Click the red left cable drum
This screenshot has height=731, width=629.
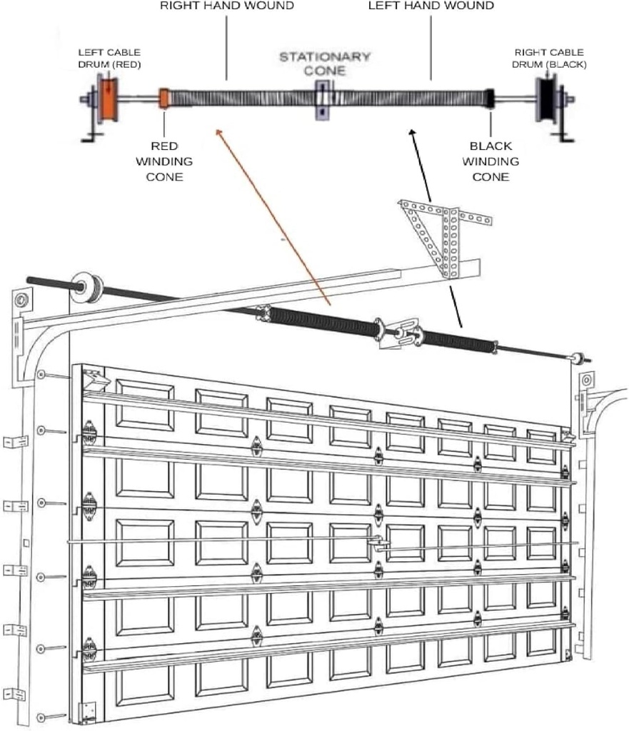point(109,99)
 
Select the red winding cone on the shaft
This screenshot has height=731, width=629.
point(164,99)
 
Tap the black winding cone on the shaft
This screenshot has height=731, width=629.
point(490,99)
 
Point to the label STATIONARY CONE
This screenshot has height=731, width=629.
point(325,63)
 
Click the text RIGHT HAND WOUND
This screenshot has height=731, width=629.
point(226,6)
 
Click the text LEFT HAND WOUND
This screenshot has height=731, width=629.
point(431,6)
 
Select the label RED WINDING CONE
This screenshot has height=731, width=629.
point(164,161)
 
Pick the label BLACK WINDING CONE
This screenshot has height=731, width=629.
point(490,161)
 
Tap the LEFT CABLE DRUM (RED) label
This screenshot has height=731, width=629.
point(109,59)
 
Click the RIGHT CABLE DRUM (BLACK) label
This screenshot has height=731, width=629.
point(549,59)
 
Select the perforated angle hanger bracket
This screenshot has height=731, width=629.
point(444,236)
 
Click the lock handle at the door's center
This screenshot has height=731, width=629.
point(378,543)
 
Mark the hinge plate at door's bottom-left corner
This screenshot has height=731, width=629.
point(87,710)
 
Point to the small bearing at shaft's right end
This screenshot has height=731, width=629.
point(577,356)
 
